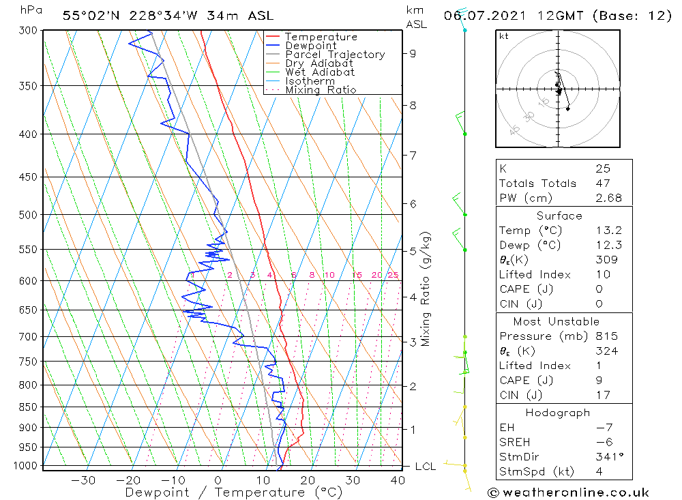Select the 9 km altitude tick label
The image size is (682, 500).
[413, 53]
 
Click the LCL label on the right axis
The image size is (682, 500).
[425, 467]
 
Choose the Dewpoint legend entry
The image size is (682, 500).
[311, 46]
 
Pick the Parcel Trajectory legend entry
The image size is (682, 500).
[335, 55]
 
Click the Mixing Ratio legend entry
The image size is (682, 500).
[321, 89]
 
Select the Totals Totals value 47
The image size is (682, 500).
[603, 183]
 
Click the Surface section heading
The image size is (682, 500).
[559, 216]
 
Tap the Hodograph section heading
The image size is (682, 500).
[559, 413]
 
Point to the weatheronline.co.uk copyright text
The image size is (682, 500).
[568, 492]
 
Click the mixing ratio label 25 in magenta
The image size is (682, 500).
[393, 276]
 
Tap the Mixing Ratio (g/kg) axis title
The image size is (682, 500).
[426, 289]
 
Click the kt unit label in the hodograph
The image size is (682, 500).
[504, 36]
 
